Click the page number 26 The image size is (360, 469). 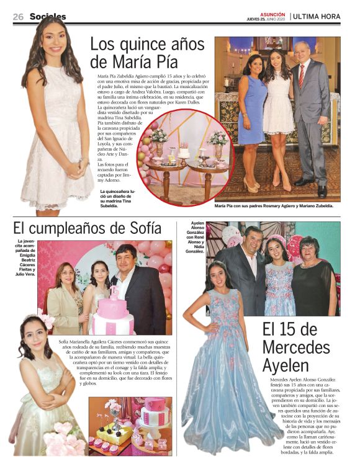pos(18,17)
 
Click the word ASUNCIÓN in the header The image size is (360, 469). pos(273,14)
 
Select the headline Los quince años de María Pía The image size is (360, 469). pos(147,53)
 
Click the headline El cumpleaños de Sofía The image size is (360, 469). pos(87,228)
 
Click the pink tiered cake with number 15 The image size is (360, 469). pos(114,314)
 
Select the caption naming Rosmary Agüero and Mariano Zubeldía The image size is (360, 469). pos(274,205)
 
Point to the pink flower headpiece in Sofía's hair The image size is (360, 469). pos(44,319)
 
